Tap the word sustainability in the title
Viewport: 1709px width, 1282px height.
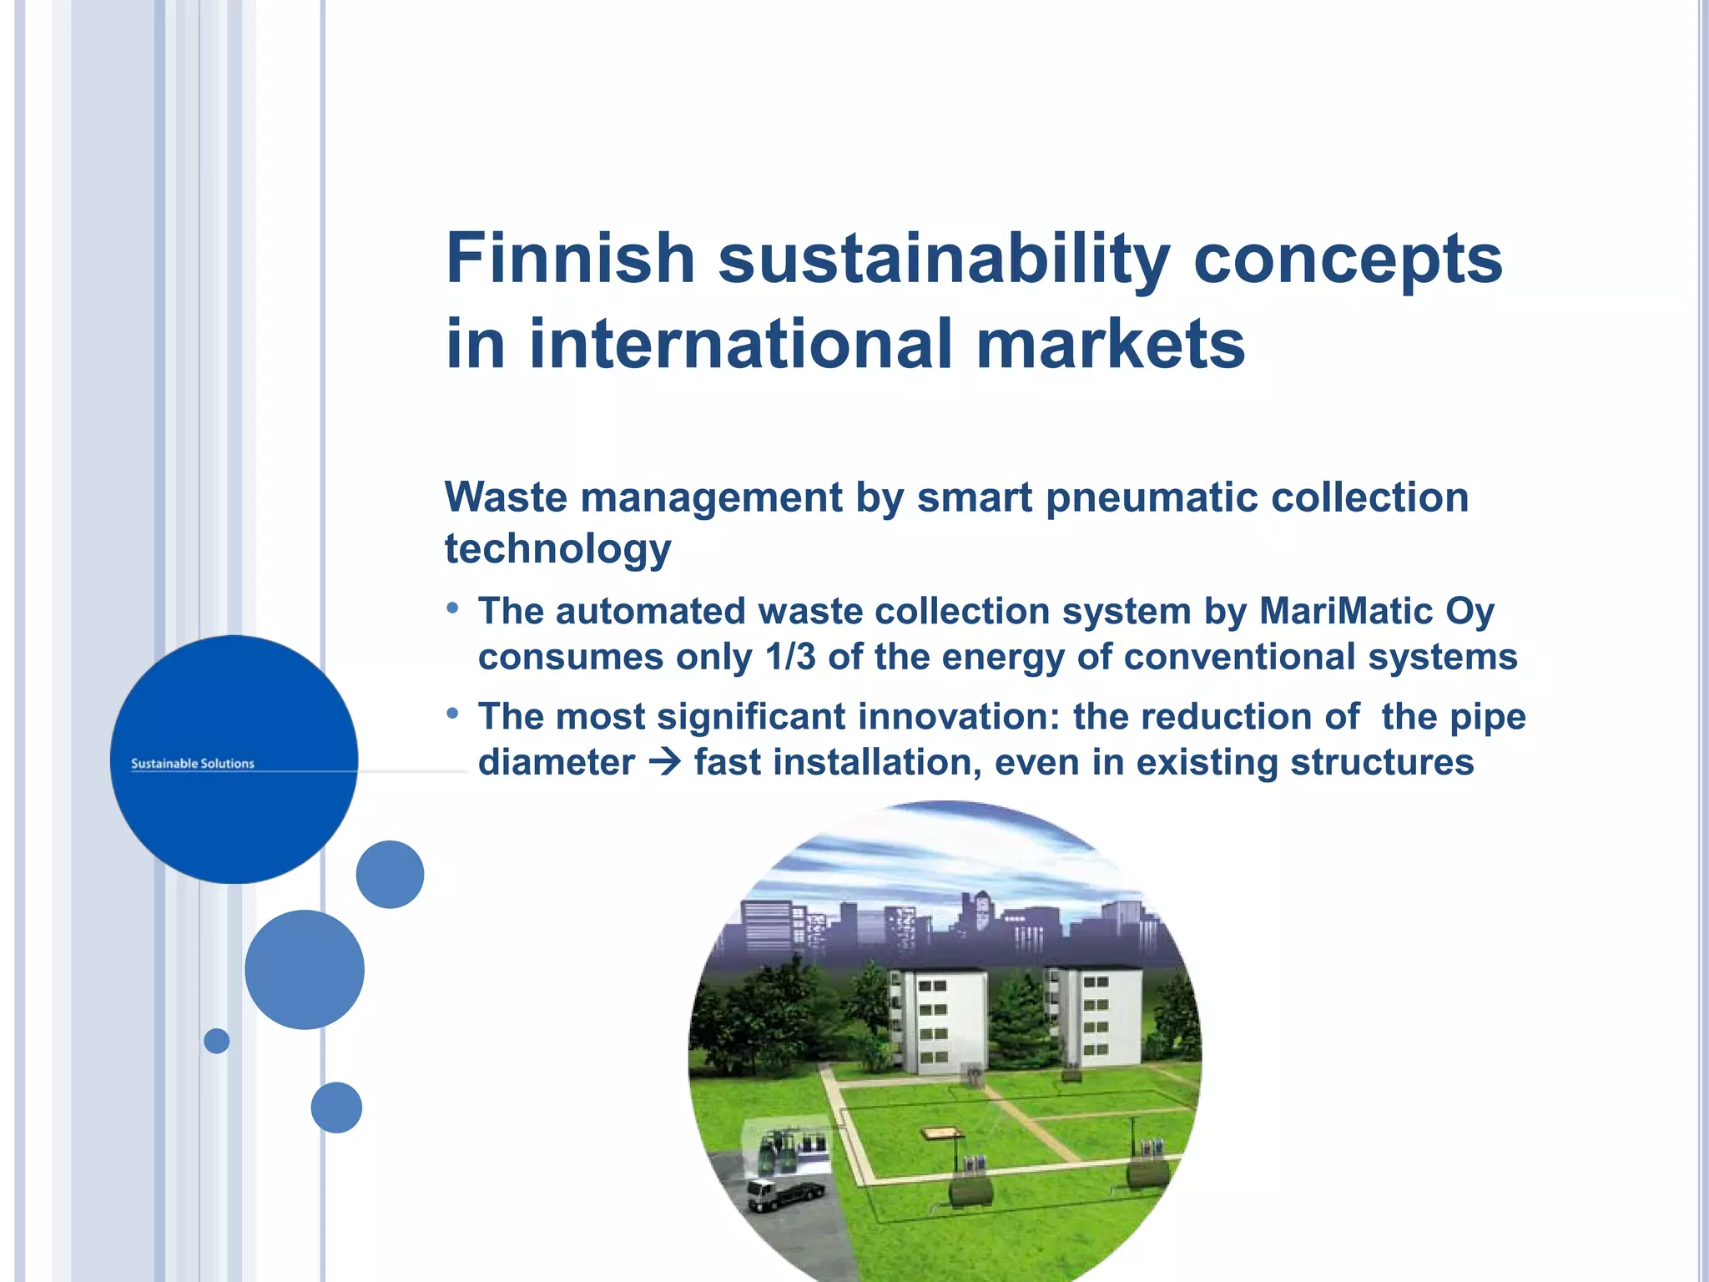pos(944,260)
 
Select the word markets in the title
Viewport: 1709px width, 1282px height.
pos(1110,344)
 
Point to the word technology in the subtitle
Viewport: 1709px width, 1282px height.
pos(557,549)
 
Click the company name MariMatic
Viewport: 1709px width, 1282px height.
pos(1346,611)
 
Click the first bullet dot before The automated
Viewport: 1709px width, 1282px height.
pos(452,608)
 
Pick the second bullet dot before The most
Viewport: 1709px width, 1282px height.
pos(452,714)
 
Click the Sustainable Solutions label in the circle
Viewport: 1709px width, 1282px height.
pos(193,764)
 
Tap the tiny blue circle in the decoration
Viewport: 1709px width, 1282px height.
pos(217,1041)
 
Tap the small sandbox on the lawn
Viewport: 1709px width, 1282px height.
pos(940,1133)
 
